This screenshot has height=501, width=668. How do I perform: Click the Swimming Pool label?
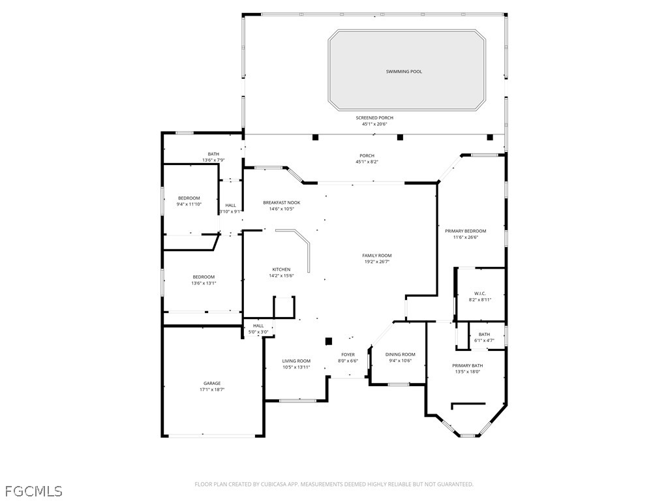point(404,72)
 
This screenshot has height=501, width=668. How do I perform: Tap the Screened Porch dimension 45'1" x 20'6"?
point(374,125)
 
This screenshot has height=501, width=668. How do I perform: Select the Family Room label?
point(377,256)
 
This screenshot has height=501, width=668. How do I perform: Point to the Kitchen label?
point(281,269)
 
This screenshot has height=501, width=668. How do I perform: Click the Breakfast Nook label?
point(282,203)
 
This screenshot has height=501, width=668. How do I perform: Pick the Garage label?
point(212,384)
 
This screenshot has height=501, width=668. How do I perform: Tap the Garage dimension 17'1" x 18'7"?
point(212,389)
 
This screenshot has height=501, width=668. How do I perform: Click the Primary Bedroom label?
point(466,231)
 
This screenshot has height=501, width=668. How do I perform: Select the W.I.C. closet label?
point(480,294)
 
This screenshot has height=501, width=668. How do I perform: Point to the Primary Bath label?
point(467,365)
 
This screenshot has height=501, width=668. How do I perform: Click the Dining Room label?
point(400,354)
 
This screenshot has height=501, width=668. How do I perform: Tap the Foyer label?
point(348,354)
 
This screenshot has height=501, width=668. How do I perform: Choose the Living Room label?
point(296,361)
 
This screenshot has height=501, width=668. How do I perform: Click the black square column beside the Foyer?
point(329,341)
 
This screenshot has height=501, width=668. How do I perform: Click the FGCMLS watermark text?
point(34,491)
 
